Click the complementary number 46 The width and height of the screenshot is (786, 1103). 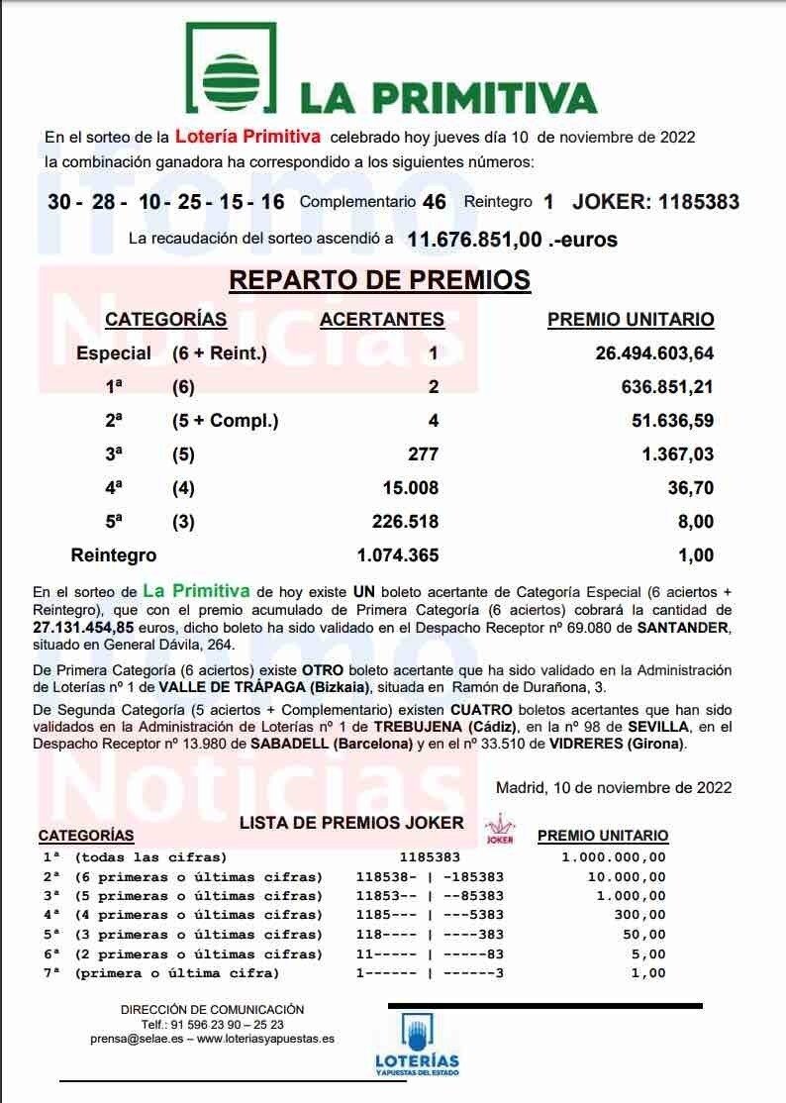click(434, 202)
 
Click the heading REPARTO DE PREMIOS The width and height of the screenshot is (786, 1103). click(380, 280)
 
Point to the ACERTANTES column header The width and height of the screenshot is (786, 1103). click(382, 319)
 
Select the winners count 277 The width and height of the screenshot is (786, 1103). click(423, 454)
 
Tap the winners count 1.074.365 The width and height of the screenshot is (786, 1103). click(397, 555)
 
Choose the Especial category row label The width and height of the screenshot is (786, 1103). click(114, 353)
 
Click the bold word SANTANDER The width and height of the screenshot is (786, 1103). click(682, 626)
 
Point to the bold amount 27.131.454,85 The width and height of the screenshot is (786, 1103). click(87, 626)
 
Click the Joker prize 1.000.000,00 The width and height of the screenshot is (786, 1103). click(614, 857)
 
